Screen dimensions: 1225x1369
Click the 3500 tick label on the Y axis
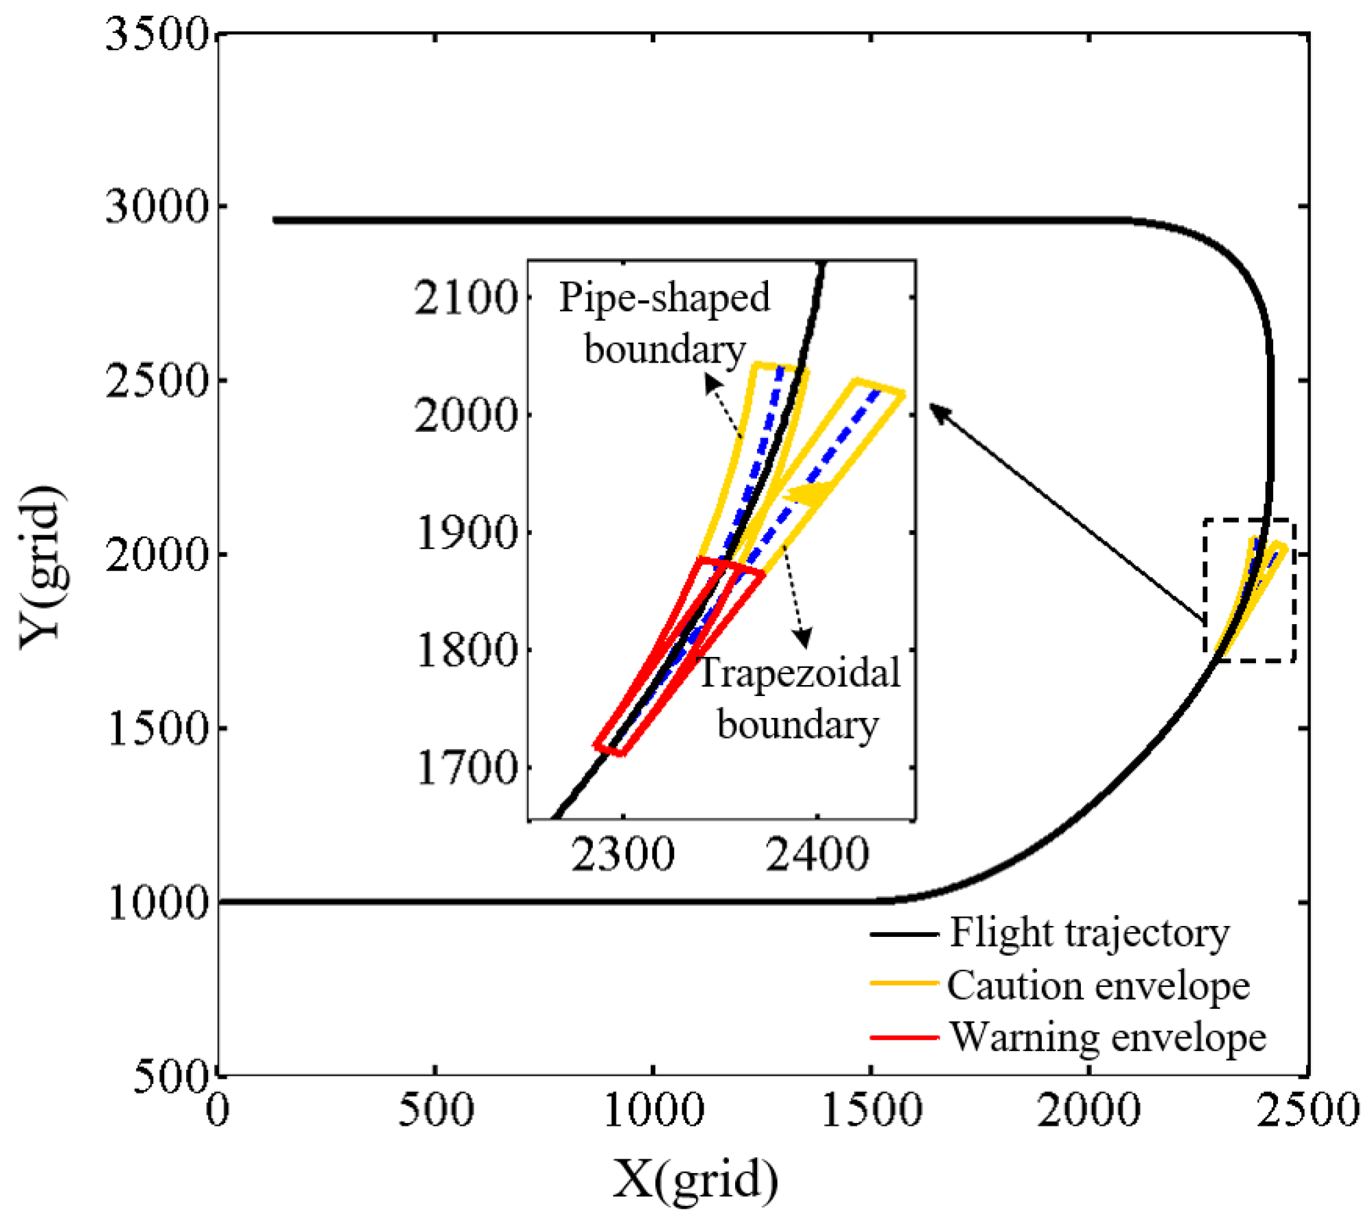click(157, 34)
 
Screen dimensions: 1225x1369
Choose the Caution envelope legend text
click(1098, 986)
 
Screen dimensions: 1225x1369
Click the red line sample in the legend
click(904, 1037)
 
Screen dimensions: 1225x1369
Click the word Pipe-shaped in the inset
click(664, 298)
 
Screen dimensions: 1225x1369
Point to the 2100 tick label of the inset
click(465, 298)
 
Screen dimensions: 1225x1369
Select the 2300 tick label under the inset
click(622, 855)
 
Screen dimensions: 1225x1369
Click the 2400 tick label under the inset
click(817, 855)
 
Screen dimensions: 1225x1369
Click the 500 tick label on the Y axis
click(168, 1076)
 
